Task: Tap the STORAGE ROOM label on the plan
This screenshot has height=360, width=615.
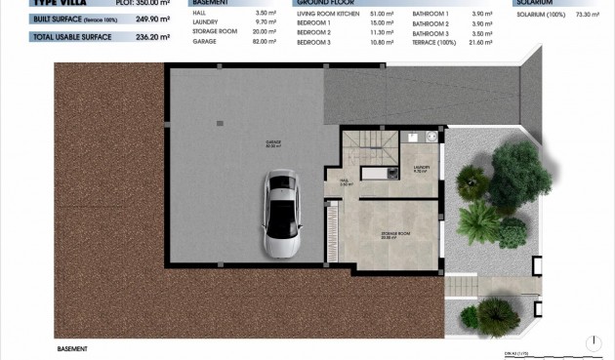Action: click(394, 235)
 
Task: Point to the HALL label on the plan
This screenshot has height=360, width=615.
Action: click(344, 181)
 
